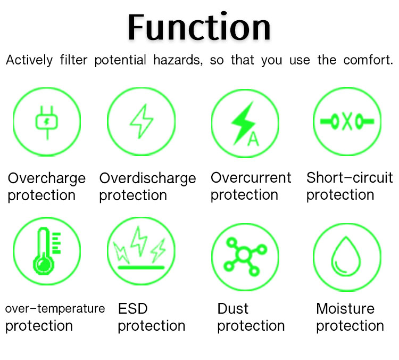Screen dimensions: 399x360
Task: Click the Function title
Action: [x=199, y=27]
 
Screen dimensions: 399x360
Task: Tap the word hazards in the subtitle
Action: [x=178, y=60]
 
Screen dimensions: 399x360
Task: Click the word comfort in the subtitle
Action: [x=368, y=60]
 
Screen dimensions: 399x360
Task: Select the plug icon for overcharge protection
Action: [x=47, y=122]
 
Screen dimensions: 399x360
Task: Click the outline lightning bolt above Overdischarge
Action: [x=142, y=121]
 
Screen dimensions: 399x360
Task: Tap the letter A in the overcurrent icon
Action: [x=253, y=139]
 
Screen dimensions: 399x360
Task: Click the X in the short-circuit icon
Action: [x=347, y=121]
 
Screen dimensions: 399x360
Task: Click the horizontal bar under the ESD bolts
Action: [x=141, y=267]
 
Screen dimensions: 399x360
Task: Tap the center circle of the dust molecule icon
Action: [x=244, y=255]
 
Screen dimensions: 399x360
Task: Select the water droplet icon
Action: [x=346, y=257]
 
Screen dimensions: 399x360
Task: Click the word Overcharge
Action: [x=47, y=178]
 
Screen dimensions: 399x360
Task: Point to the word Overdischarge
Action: [x=147, y=178]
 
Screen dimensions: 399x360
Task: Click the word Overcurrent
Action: [x=251, y=177]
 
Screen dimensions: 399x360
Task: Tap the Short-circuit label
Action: [x=350, y=177]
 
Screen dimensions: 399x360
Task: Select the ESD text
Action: [x=133, y=308]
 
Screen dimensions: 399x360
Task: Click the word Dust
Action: [x=233, y=308]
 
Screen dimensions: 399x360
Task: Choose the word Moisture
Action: [x=345, y=308]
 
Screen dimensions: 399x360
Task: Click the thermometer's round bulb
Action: [x=44, y=265]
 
